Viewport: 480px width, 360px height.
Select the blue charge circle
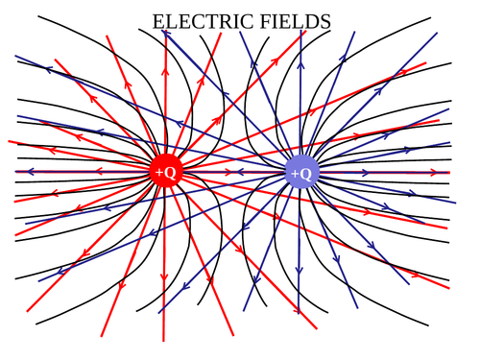301,173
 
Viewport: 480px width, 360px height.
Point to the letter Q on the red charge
170,173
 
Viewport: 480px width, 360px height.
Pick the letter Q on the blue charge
306,174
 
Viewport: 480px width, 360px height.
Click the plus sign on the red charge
158,173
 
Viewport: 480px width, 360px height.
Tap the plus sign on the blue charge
295,174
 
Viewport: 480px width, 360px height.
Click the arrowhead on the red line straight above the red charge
163,72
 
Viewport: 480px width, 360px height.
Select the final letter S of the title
325,21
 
